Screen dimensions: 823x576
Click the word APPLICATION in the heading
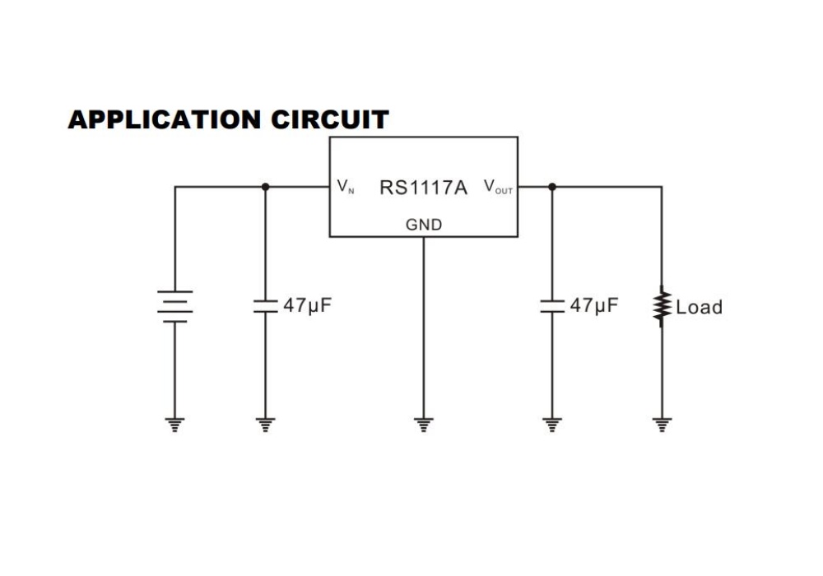165,119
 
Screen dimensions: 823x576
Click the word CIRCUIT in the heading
330,119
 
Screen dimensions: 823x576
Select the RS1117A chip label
423,188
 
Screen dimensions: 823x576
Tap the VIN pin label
346,186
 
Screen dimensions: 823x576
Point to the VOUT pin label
498,187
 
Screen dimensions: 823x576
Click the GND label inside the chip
424,225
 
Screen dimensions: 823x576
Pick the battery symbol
174,306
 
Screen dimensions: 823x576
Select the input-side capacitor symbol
265,306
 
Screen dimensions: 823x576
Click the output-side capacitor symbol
551,306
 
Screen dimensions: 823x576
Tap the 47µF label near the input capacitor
308,305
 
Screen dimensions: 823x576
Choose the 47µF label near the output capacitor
594,305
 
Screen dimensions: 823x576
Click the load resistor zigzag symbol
662,306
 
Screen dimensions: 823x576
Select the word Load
699,307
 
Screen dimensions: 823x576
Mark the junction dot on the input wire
265,187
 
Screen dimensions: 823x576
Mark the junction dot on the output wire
551,187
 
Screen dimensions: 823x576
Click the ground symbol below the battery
174,425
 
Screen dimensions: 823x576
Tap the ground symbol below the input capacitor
265,425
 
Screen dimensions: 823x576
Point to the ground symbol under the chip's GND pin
424,425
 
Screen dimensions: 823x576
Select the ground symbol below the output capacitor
551,425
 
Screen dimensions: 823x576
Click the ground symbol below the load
662,425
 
